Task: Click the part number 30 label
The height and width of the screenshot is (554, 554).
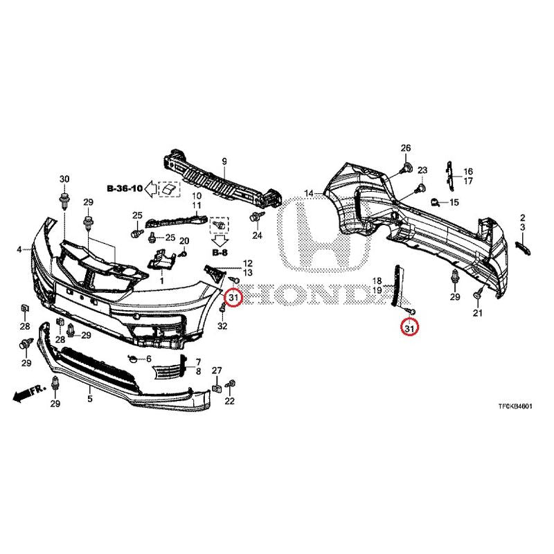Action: (x=64, y=179)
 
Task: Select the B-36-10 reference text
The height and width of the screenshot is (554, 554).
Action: (x=125, y=188)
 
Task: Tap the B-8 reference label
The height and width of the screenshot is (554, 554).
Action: (x=220, y=253)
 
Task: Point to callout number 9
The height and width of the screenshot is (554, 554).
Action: (x=224, y=162)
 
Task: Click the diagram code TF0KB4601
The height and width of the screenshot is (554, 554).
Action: (x=515, y=406)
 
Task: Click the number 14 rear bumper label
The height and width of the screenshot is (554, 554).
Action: (x=309, y=194)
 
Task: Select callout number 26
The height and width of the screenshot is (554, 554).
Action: (x=406, y=148)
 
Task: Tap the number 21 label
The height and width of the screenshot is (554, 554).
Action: (x=477, y=313)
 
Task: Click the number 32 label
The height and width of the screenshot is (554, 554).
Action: (x=222, y=325)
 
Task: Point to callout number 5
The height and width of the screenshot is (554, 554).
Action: (x=90, y=399)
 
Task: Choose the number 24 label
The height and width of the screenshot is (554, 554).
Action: (x=257, y=235)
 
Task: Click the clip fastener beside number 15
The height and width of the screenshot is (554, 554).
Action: (x=434, y=202)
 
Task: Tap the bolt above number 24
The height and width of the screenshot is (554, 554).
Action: (x=254, y=216)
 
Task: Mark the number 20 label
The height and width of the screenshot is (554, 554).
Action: (x=184, y=241)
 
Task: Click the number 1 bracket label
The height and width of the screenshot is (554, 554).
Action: (x=162, y=281)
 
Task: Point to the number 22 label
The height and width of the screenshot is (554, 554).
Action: (x=230, y=401)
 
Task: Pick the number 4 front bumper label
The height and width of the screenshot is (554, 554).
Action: (x=19, y=250)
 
